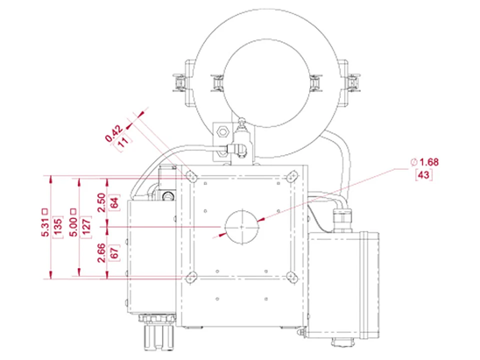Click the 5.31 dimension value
45,228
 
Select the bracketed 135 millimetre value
58,228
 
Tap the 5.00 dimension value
74,228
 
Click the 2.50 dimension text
102,202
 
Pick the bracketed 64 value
114,202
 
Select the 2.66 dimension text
102,253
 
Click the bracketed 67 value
114,253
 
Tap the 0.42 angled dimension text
114,134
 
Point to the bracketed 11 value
123,142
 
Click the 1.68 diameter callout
429,162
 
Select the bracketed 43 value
424,175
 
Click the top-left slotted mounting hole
192,176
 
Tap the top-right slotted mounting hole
292,176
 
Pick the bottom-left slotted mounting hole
192,278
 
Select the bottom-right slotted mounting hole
292,278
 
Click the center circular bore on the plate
242,227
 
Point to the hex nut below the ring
222,132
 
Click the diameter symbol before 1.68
414,162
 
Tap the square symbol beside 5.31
45,211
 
